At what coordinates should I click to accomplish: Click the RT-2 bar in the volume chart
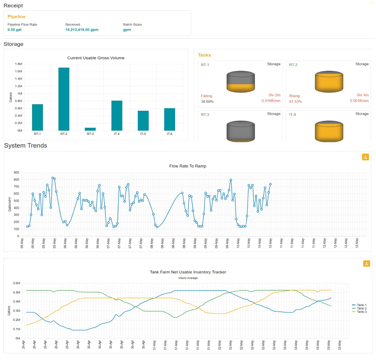click(64, 99)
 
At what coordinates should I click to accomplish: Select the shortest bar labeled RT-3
click(90, 129)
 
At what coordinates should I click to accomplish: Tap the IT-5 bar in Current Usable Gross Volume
click(143, 120)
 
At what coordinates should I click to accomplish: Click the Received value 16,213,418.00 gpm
click(82, 30)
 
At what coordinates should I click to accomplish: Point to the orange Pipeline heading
click(16, 17)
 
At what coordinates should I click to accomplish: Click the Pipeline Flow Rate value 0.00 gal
click(15, 30)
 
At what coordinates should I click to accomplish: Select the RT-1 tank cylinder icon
click(241, 82)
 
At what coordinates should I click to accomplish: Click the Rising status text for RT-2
click(294, 96)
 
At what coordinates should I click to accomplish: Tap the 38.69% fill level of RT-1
click(207, 102)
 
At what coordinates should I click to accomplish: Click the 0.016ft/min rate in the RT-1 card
click(271, 101)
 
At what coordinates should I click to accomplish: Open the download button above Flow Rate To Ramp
click(365, 157)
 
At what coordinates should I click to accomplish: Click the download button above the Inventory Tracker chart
click(366, 263)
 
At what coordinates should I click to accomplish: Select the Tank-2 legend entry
click(361, 308)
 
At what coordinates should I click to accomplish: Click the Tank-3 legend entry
click(361, 312)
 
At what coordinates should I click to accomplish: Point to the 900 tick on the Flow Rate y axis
click(16, 172)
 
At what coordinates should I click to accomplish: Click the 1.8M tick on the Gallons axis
click(19, 64)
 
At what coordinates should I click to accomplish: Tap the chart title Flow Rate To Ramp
click(188, 166)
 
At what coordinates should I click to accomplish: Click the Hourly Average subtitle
click(188, 278)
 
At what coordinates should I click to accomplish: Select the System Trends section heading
click(26, 145)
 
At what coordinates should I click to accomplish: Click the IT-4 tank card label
click(292, 115)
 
